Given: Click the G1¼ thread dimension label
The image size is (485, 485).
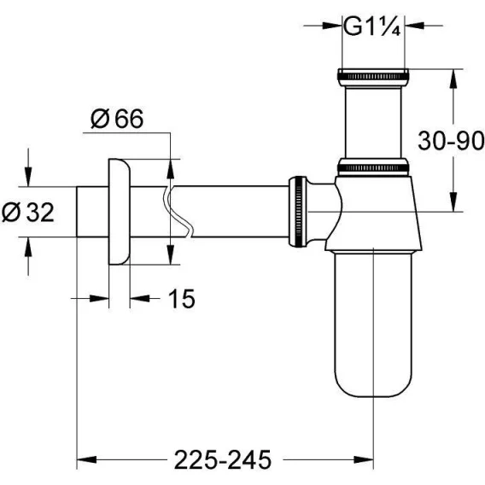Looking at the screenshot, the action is [x=372, y=27].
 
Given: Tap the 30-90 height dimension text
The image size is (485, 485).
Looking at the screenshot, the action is [x=451, y=141].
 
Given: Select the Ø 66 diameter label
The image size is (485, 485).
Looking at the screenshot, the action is [x=117, y=118].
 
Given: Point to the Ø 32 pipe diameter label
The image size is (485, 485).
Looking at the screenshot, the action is [x=28, y=212].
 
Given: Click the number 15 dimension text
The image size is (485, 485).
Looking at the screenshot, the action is [x=182, y=299].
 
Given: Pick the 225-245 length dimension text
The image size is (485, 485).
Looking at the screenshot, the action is [x=223, y=459].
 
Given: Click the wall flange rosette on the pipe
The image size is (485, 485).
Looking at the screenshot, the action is [x=120, y=212].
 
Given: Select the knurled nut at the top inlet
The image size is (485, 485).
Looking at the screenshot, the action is [x=373, y=77].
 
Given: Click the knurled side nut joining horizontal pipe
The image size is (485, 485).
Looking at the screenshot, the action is [x=298, y=212].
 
